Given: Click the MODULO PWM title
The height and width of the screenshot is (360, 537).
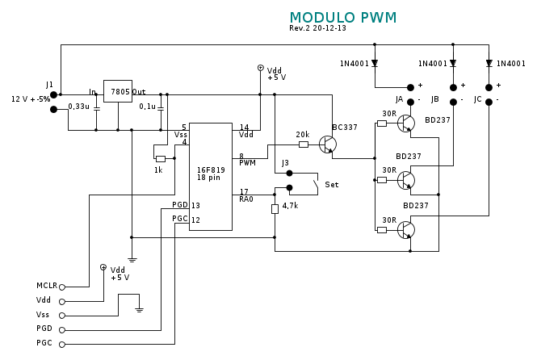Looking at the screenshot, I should (343, 17).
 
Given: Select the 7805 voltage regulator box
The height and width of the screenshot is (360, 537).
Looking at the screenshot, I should (118, 91).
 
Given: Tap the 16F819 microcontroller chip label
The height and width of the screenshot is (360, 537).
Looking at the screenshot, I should (208, 170).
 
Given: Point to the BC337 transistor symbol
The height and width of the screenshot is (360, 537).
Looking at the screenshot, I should (328, 144).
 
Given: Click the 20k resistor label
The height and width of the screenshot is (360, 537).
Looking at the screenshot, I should (303, 135).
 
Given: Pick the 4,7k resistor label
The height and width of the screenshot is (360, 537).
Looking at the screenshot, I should (290, 206).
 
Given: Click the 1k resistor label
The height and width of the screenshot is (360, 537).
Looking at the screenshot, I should (158, 170).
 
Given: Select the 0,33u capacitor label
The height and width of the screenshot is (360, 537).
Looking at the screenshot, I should (79, 107).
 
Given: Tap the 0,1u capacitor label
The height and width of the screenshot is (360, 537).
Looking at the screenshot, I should (148, 107).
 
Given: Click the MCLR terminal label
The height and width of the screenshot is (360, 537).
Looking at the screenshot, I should (47, 286).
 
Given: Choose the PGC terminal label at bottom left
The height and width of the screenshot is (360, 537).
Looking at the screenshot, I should (44, 343).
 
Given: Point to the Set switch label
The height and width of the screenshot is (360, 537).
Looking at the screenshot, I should (331, 185).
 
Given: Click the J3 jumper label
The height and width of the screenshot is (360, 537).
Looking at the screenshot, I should (285, 163).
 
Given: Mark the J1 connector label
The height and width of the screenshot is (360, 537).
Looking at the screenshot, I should (49, 85).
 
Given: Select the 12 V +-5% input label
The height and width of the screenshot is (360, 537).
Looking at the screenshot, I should (31, 99).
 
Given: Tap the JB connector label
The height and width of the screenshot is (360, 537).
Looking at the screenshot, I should (435, 99).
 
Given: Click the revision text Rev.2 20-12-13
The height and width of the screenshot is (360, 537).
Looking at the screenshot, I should (317, 28).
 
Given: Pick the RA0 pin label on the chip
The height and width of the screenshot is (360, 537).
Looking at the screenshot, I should (246, 199).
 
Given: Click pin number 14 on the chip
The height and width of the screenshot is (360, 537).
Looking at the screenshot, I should (244, 127).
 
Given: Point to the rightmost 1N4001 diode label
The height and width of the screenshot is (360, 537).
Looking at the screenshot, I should (511, 64).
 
